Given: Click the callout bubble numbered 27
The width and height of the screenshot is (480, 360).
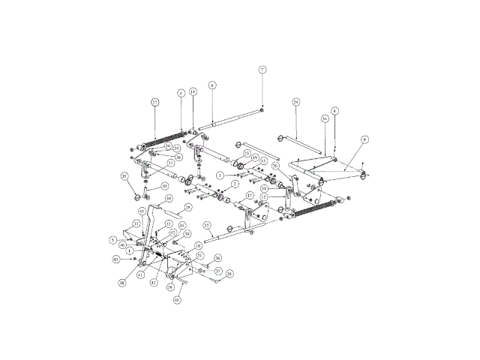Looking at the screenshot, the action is tap(154, 102).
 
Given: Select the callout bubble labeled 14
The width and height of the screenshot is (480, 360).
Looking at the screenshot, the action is tap(193, 91).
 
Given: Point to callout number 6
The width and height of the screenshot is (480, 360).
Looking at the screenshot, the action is tap(212, 85).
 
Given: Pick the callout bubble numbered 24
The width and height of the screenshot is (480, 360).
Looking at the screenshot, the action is tap(296, 101).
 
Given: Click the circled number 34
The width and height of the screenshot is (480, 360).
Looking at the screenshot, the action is tap(325, 118).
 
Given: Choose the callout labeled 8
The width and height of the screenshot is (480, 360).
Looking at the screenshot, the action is tap(335, 110).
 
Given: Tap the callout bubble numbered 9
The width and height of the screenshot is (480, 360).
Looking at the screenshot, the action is tap(364, 139).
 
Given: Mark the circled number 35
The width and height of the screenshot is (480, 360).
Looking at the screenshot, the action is tap(124, 177).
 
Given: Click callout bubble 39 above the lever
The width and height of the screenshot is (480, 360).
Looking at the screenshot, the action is tap(169, 198).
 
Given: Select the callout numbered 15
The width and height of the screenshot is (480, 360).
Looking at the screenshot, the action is tap(206, 225).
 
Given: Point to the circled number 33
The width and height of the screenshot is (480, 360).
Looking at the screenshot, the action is tap(136, 224).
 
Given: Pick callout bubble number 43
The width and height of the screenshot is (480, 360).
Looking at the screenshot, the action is tap(116, 259).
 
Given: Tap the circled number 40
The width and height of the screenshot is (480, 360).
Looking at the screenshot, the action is tap(178, 300).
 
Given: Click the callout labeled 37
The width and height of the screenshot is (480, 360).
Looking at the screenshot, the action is tap(218, 271).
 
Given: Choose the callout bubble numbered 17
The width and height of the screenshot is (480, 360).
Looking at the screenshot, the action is tap(250, 196).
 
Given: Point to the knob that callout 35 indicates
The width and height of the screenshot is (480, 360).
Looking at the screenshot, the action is tap(139, 196).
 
